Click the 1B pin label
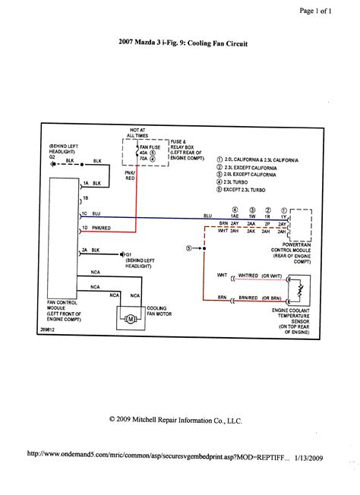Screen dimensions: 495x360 86,197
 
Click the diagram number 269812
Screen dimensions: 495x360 61,331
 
